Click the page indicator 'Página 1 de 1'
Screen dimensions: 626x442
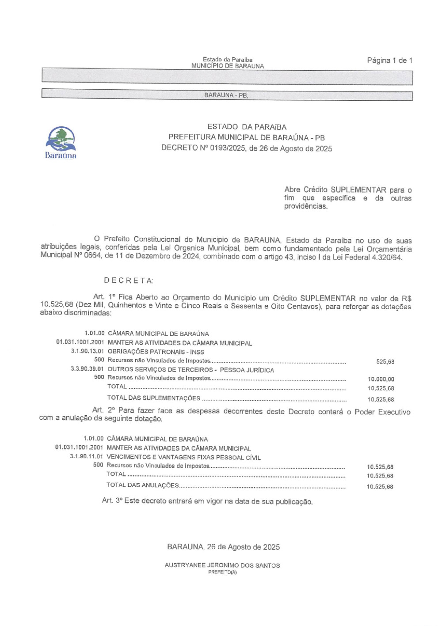[x=389, y=61]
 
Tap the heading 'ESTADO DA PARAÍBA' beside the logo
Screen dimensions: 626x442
[x=247, y=127]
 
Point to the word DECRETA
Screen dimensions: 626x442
[x=129, y=281]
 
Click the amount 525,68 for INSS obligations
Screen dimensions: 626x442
[x=385, y=362]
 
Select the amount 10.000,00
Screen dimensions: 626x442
[x=381, y=379]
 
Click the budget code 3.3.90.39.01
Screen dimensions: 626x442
[x=88, y=370]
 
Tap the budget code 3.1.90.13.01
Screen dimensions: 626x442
[x=88, y=352]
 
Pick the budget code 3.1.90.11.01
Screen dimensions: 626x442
[x=87, y=457]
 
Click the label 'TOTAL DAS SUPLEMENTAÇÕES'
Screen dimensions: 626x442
[x=153, y=398]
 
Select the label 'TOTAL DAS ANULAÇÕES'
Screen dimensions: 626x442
[x=142, y=485]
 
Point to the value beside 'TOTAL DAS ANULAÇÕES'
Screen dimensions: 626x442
[x=380, y=487]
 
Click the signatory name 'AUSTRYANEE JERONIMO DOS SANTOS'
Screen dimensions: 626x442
[x=222, y=565]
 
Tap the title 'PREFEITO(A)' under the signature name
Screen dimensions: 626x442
[x=222, y=572]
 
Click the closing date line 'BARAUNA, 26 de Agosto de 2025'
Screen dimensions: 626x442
[x=223, y=547]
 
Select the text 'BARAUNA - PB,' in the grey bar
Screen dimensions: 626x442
[x=226, y=95]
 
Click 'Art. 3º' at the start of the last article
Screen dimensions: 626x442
[x=112, y=501]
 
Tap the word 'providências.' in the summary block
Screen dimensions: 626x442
[x=306, y=206]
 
